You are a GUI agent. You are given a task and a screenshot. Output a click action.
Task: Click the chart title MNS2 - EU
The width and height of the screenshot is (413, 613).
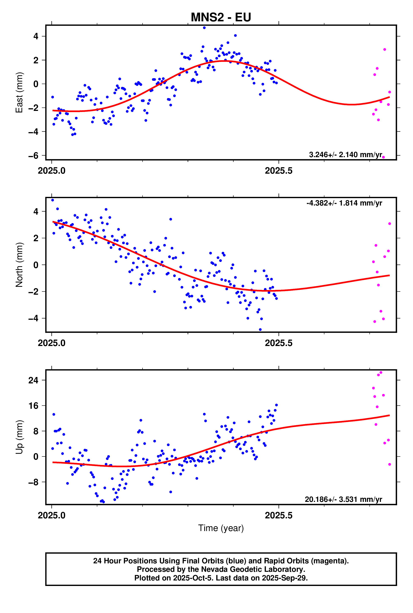point(221,17)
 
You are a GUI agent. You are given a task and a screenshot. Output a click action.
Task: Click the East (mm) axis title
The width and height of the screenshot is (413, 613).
point(19,92)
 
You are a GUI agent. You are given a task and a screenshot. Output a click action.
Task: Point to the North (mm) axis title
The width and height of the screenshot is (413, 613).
point(19,265)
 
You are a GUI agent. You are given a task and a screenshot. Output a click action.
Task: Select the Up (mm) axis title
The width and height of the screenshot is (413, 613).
point(19,437)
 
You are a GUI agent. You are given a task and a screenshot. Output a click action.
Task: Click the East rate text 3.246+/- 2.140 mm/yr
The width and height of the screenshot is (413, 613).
point(345,155)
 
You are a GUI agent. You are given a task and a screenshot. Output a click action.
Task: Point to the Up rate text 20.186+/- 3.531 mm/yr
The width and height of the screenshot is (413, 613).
point(343,499)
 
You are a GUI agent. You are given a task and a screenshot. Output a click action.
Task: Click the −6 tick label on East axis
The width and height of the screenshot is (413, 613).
point(33,156)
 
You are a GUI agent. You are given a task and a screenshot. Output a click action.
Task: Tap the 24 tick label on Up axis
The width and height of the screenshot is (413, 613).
point(33,380)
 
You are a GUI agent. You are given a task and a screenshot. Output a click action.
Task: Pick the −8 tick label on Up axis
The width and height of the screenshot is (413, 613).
point(33,482)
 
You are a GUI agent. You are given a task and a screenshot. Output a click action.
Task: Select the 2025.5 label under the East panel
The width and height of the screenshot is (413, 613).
point(279,171)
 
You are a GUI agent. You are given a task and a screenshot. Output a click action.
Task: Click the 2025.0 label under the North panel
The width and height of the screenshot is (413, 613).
point(52,343)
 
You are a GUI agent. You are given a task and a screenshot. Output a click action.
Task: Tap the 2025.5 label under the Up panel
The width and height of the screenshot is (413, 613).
point(279,515)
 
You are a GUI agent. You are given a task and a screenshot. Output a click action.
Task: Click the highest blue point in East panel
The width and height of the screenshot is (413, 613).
point(204,28)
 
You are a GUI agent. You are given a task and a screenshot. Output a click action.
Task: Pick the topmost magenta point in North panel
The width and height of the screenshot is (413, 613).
point(390,224)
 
